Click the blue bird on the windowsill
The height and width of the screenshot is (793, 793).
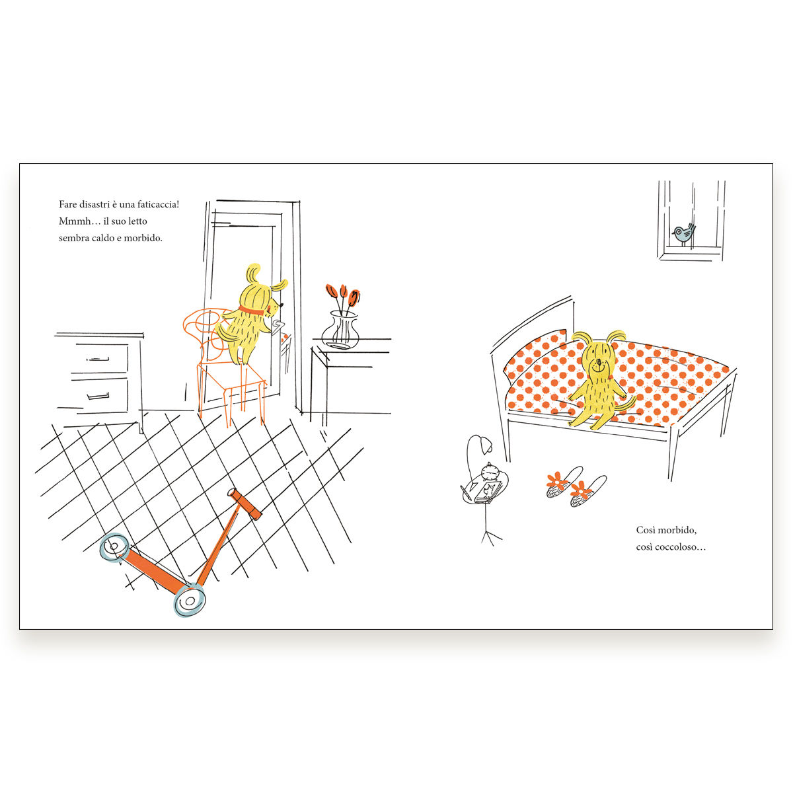click(684, 234)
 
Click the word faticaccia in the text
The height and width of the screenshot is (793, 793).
click(159, 204)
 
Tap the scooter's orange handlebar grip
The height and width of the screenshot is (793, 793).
click(245, 504)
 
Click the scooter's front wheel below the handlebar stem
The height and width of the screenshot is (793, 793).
click(190, 601)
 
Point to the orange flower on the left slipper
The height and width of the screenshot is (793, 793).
click(557, 480)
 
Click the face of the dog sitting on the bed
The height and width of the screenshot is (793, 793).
click(599, 363)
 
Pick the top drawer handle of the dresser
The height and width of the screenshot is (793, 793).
click(98, 359)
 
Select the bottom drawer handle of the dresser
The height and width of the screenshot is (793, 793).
click(98, 397)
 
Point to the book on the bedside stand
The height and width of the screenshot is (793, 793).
click(487, 492)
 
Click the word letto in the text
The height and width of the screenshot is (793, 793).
click(136, 221)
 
